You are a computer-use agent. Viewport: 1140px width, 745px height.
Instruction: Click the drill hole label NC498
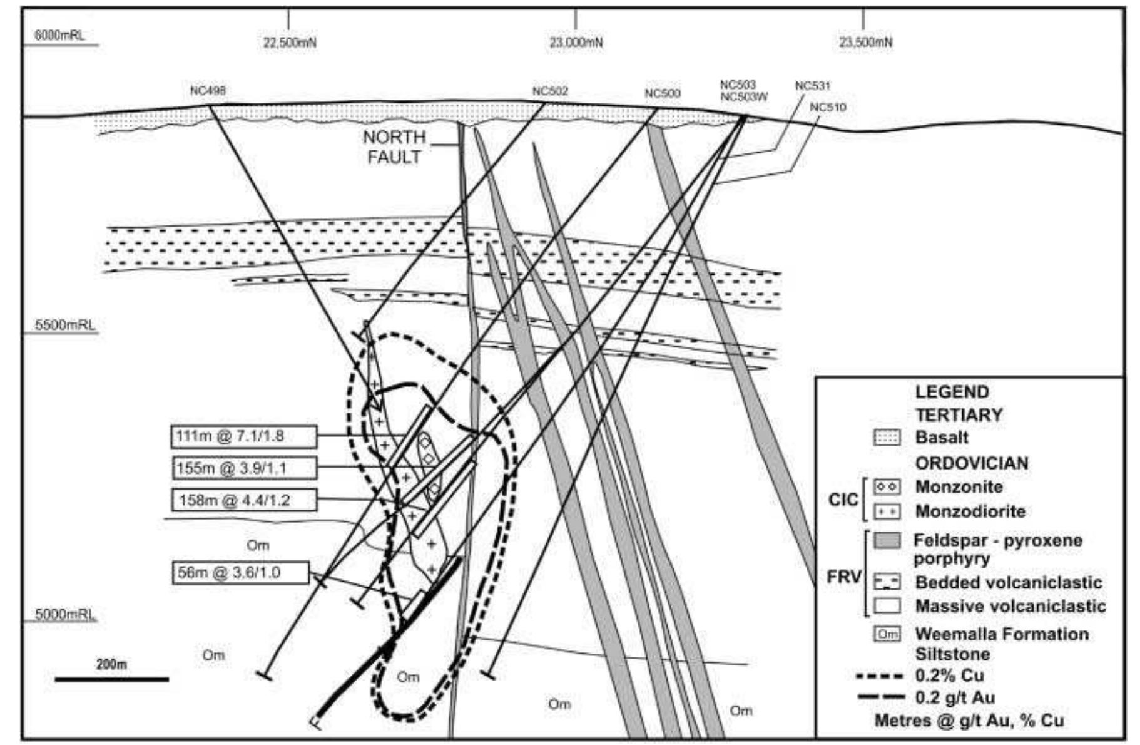click(208, 91)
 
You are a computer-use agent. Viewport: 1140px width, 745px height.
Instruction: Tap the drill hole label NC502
click(550, 91)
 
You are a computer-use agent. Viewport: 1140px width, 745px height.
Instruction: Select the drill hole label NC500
click(662, 93)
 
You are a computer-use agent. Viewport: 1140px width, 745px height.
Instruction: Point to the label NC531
click(812, 85)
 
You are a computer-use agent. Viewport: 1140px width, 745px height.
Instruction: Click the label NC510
click(827, 107)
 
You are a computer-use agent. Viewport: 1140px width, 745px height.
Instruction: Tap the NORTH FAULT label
click(394, 147)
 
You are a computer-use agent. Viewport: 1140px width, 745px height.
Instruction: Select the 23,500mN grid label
click(865, 43)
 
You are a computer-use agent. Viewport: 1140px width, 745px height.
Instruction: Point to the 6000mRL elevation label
click(59, 35)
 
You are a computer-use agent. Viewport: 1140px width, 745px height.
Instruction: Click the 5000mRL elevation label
click(65, 614)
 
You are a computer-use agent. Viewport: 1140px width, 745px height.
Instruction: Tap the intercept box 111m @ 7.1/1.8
click(243, 436)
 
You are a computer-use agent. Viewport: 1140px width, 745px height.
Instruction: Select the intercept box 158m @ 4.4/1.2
click(243, 500)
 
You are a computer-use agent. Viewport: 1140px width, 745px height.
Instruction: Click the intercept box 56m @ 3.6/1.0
click(240, 572)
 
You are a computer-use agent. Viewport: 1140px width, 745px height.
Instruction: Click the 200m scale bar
click(111, 679)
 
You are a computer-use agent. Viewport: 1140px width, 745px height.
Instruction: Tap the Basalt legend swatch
click(887, 437)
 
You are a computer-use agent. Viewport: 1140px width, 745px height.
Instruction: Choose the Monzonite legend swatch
click(887, 486)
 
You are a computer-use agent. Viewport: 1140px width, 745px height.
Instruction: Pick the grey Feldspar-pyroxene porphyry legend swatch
click(887, 540)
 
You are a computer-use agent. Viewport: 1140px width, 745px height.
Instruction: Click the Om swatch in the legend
click(887, 634)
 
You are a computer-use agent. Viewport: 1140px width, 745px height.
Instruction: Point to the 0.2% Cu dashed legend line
click(880, 676)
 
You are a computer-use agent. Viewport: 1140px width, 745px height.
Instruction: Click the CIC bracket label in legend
click(842, 499)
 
